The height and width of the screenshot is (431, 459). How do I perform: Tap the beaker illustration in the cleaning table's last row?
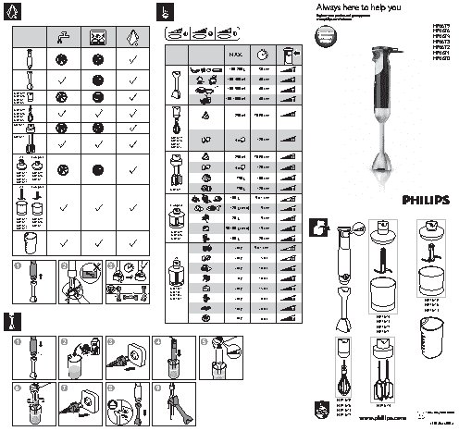pyautogui.click(x=30, y=242)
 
